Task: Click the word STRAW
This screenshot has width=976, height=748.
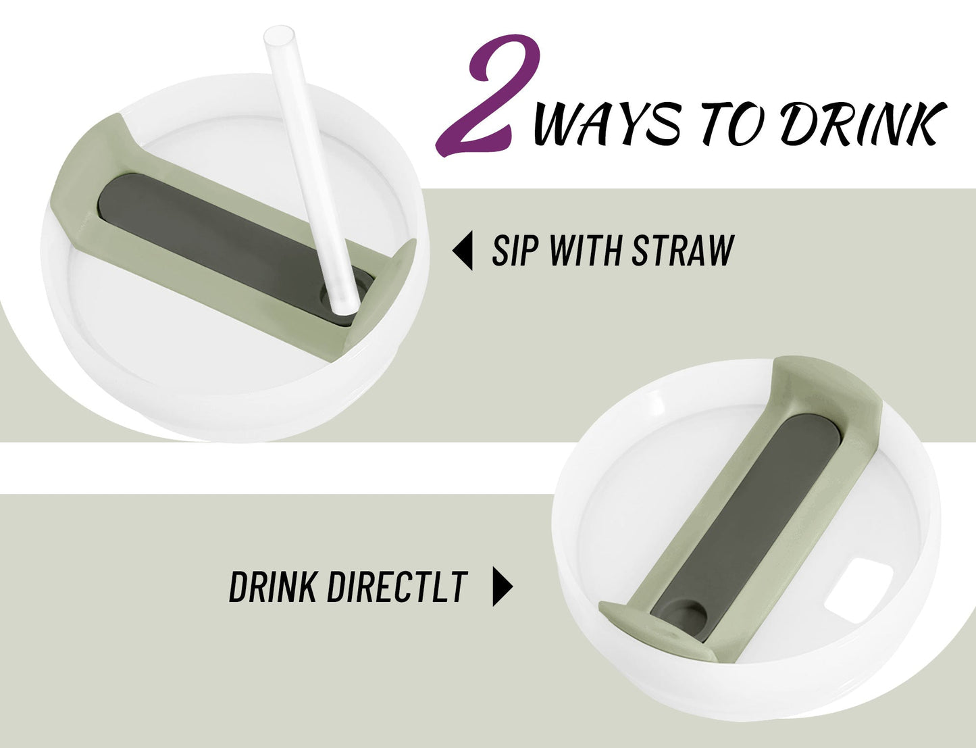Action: click(683, 251)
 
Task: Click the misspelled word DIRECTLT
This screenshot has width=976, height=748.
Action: click(398, 587)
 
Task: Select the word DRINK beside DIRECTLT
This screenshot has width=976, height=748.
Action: click(273, 587)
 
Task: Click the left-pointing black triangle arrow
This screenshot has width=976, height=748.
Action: click(463, 251)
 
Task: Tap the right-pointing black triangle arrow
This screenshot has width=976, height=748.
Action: click(503, 587)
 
